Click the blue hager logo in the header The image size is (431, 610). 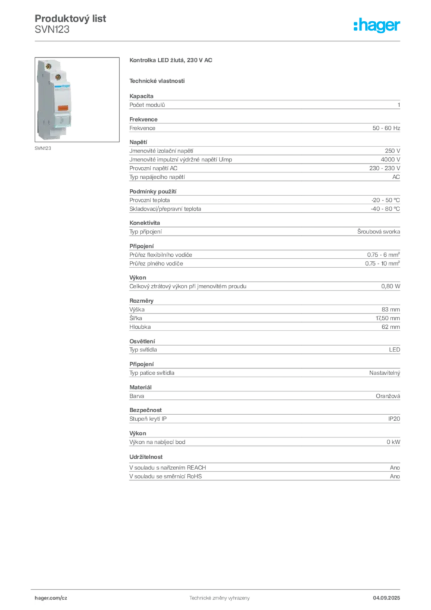378,26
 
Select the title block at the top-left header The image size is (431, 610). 71,24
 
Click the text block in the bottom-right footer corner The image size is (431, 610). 390,596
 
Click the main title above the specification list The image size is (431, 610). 171,61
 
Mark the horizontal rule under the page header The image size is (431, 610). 219,41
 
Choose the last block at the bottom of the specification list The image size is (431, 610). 264,468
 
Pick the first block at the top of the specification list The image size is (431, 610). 264,104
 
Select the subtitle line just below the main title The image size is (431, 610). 157,80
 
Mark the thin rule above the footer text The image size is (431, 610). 219,589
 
